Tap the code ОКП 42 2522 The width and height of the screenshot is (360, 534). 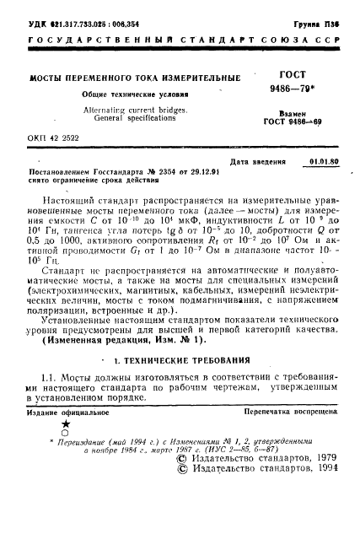point(50,138)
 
